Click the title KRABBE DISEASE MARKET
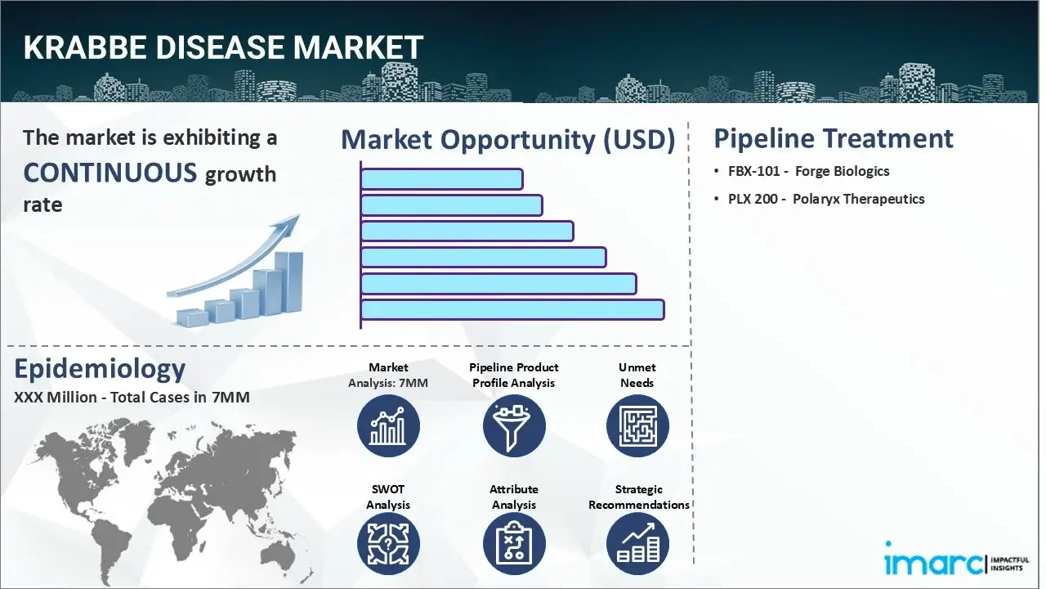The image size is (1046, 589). pyautogui.click(x=223, y=47)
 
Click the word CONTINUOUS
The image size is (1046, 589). pyautogui.click(x=110, y=173)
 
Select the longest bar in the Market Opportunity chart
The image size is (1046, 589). pyautogui.click(x=512, y=309)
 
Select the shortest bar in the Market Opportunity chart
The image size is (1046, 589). pyautogui.click(x=441, y=179)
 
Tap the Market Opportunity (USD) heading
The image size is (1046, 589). pyautogui.click(x=507, y=140)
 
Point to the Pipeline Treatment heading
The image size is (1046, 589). pyautogui.click(x=833, y=138)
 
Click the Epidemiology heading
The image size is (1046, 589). pyautogui.click(x=100, y=369)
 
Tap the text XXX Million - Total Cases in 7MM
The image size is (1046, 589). pyautogui.click(x=132, y=398)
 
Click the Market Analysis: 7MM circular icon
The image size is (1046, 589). pyautogui.click(x=388, y=426)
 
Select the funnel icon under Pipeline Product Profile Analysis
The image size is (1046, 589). pyautogui.click(x=513, y=426)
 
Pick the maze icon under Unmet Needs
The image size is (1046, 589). pyautogui.click(x=637, y=426)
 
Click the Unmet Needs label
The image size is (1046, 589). pyautogui.click(x=637, y=375)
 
